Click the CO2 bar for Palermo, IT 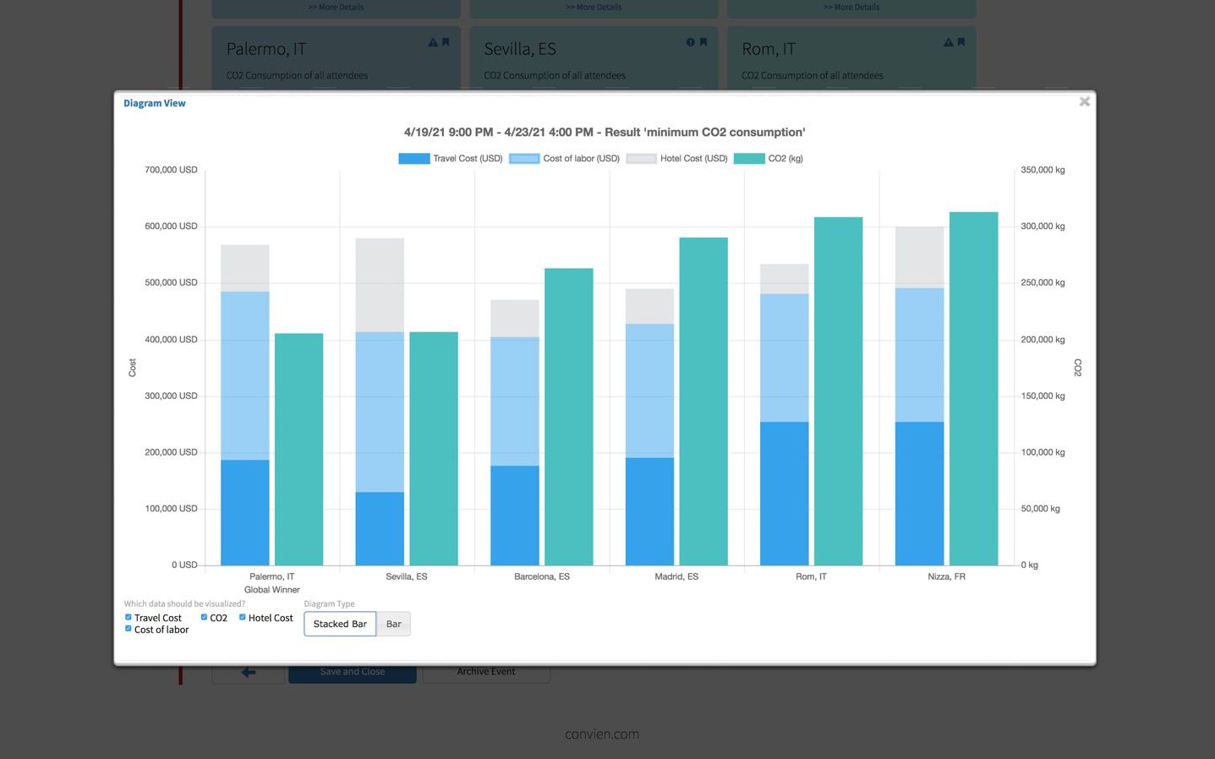[298, 449]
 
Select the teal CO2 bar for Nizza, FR [973, 388]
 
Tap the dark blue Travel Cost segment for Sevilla [380, 528]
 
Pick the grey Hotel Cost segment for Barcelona [515, 319]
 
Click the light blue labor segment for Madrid [649, 390]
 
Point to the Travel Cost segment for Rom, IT [784, 493]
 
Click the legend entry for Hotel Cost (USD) [677, 159]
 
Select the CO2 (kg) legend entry [769, 159]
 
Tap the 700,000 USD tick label [171, 170]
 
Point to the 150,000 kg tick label [1043, 396]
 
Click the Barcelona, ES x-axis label [542, 576]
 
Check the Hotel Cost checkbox [243, 617]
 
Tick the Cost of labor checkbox [129, 629]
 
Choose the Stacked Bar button [340, 624]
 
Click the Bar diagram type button [393, 624]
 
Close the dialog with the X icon [1084, 101]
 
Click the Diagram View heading [155, 103]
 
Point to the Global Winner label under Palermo [271, 590]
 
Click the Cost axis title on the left [132, 368]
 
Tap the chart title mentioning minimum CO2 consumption [605, 132]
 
